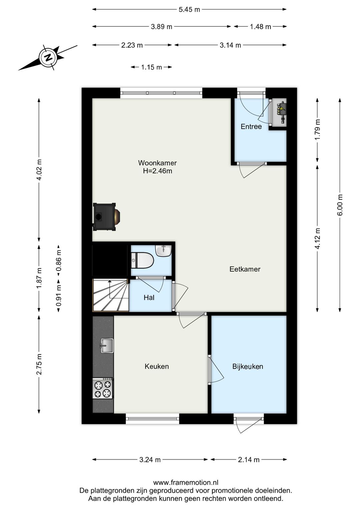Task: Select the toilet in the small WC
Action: [x=142, y=260]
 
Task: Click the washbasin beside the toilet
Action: [x=163, y=250]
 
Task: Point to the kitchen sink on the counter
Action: [x=107, y=346]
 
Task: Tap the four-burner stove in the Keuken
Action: [x=103, y=388]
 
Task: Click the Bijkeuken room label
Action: [x=248, y=367]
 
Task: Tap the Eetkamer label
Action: [x=245, y=269]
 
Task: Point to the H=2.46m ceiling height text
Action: [x=157, y=171]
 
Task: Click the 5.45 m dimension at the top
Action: [x=189, y=10]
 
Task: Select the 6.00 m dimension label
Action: [x=340, y=205]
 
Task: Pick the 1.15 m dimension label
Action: [x=151, y=67]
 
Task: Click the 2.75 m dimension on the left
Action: [x=39, y=364]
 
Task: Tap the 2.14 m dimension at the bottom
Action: [x=249, y=460]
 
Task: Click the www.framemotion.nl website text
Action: [x=186, y=482]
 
